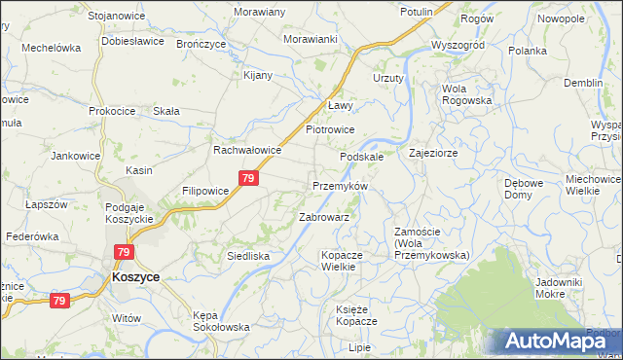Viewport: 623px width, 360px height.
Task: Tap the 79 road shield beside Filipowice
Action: (249, 178)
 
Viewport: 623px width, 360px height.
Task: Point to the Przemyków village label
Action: (340, 186)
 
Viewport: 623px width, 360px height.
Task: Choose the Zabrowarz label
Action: (324, 217)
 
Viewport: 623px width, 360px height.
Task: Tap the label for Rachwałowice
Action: (247, 151)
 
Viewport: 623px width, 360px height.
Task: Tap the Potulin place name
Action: (417, 12)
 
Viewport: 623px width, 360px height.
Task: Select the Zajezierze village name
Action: (433, 153)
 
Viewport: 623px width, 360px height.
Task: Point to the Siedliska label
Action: (247, 256)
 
